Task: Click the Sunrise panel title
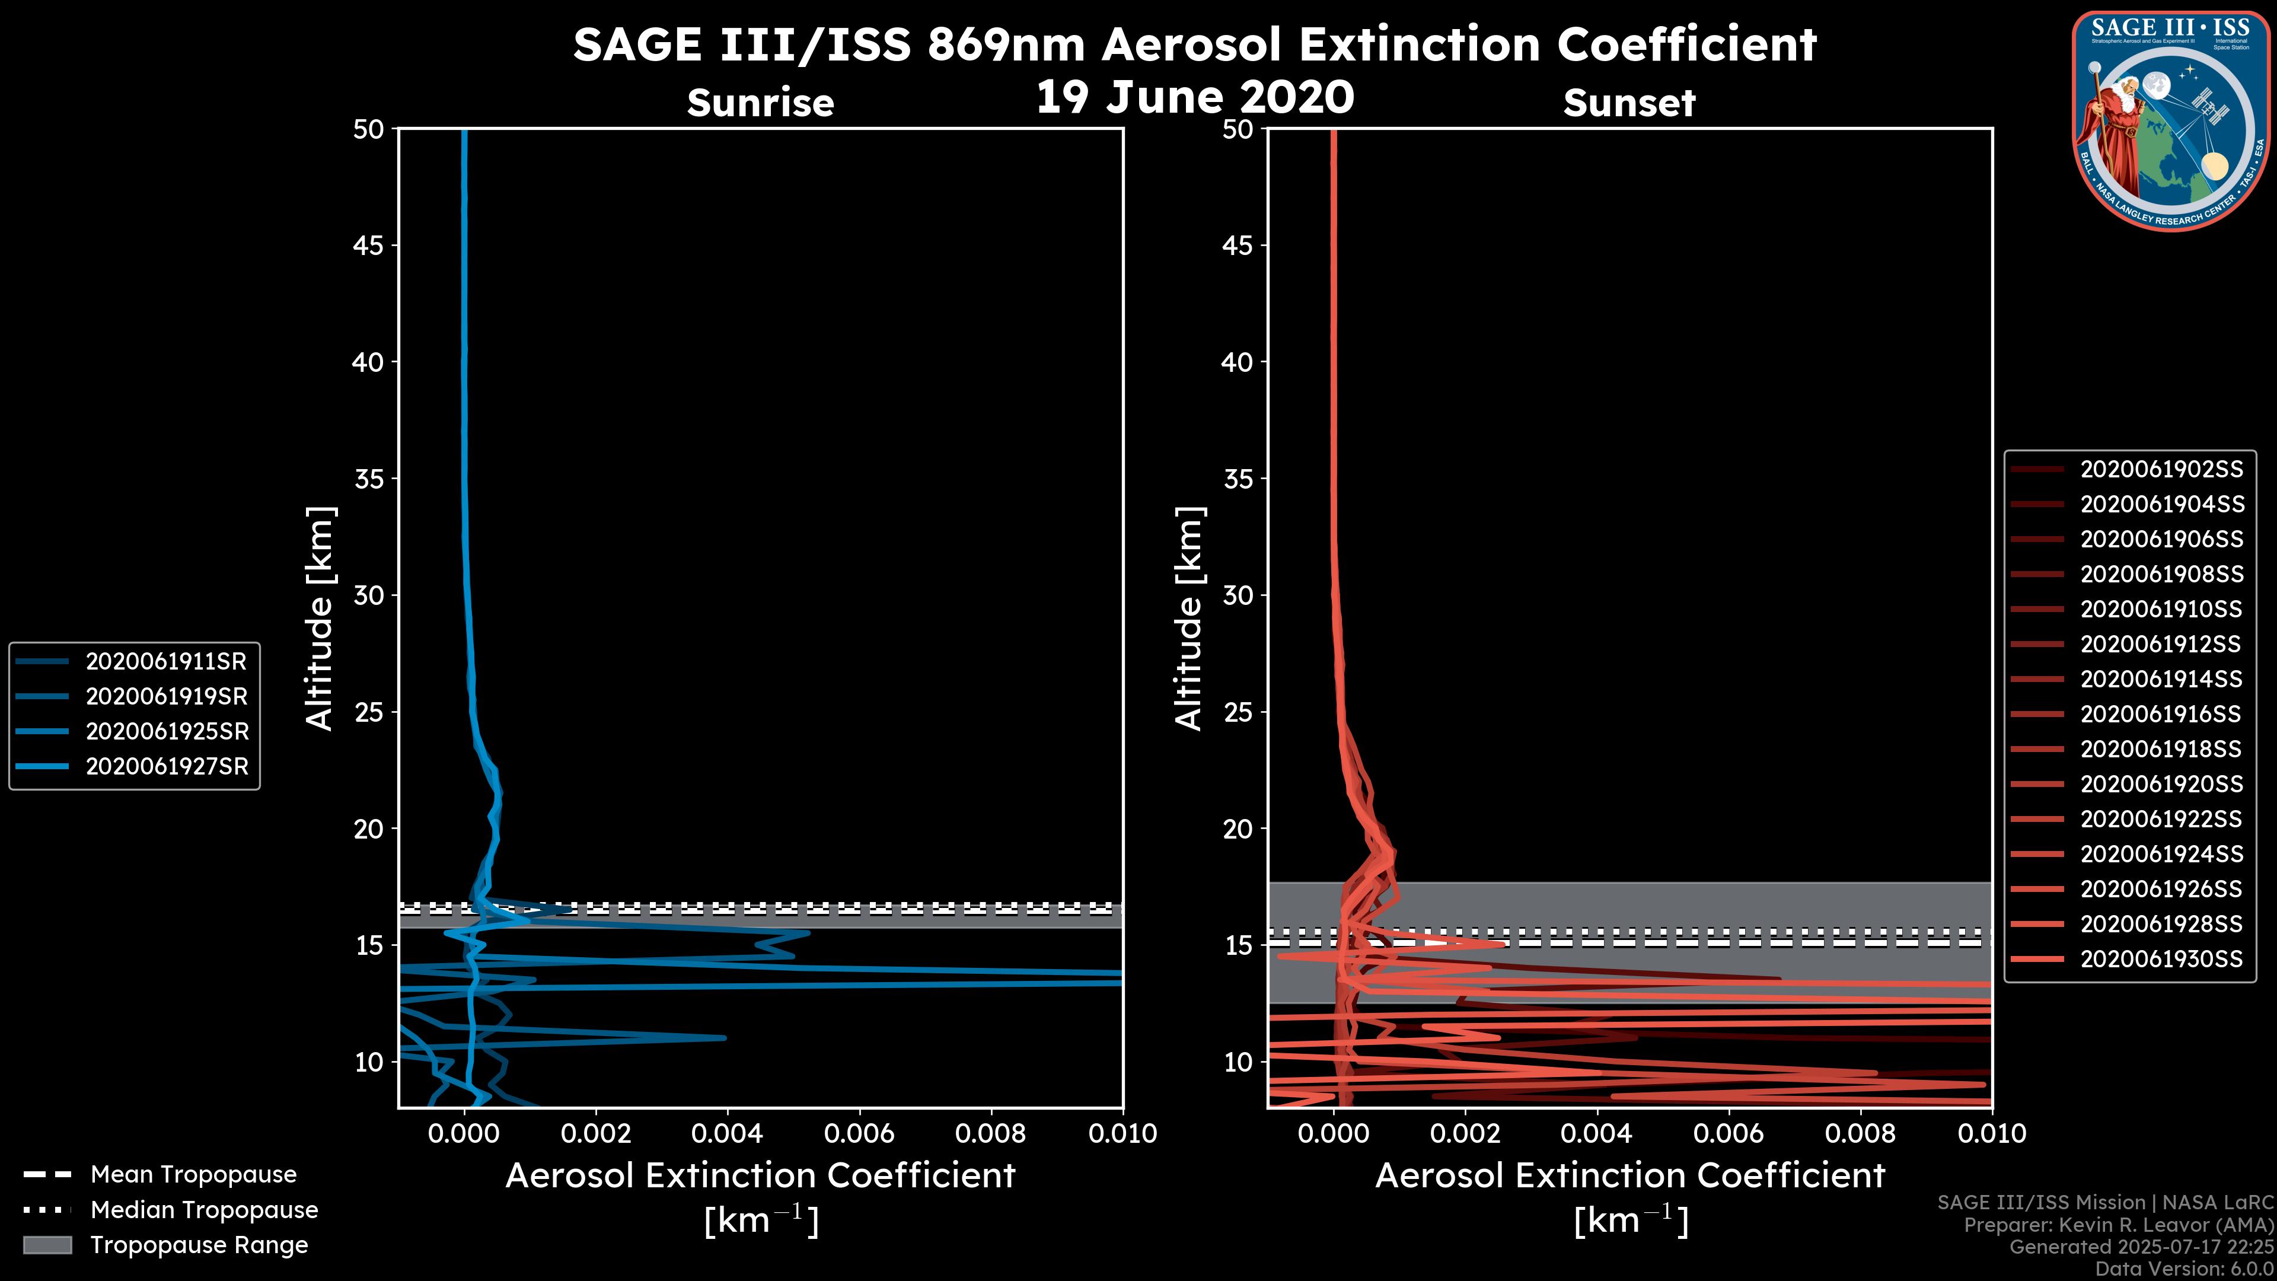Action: tap(760, 103)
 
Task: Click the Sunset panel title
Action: tap(1629, 103)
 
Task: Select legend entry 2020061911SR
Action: tap(165, 661)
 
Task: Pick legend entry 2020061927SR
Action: tap(166, 766)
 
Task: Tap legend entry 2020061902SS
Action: tap(2161, 470)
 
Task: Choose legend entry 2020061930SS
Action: tap(2161, 959)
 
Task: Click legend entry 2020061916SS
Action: tap(2161, 714)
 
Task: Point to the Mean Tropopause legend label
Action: tap(193, 1175)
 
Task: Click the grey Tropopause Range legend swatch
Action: tap(47, 1245)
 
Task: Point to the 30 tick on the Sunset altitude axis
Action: tap(1238, 595)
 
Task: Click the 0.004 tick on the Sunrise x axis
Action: tap(726, 1133)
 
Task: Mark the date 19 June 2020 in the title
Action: tap(1194, 97)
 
